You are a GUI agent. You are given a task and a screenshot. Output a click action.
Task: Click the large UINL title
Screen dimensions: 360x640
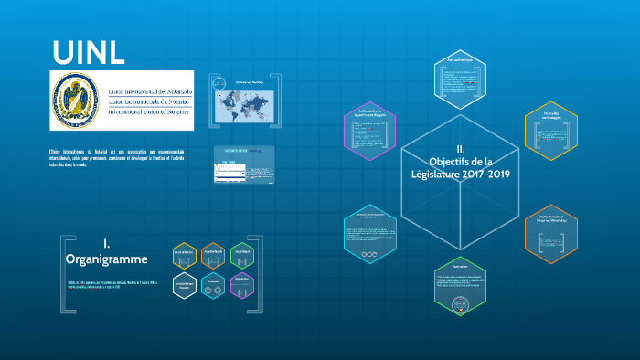88,52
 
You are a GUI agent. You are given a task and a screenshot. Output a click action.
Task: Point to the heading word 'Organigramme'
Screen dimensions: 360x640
106,259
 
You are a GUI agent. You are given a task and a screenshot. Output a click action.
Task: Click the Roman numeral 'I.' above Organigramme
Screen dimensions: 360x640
106,243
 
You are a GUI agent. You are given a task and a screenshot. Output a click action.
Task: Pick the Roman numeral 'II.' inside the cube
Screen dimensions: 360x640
461,148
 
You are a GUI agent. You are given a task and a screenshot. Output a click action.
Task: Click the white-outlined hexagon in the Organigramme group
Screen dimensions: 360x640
186,285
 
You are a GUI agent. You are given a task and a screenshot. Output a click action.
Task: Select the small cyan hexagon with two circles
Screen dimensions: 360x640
212,285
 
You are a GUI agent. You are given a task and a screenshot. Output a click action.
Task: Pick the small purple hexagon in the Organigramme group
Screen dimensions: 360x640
240,285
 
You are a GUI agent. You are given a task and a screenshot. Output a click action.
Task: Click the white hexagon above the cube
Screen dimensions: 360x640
460,77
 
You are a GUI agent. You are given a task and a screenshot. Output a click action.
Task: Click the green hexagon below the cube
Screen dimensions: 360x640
460,287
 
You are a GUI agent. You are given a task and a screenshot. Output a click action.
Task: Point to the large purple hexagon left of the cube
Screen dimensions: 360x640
369,129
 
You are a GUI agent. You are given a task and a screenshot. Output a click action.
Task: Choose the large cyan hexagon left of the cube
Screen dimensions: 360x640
369,232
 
